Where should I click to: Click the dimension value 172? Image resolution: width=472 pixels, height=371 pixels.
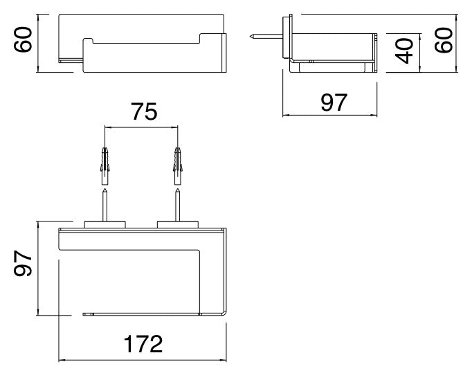click(x=143, y=343)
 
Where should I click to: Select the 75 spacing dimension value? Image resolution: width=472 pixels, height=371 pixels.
click(x=144, y=111)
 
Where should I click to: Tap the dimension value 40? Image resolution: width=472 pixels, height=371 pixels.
click(x=404, y=51)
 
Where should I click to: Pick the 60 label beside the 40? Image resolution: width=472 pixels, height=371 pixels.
click(x=444, y=40)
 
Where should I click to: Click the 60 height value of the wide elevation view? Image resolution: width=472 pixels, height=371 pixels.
click(x=23, y=39)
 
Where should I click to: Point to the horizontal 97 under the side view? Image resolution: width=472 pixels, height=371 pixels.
click(x=334, y=102)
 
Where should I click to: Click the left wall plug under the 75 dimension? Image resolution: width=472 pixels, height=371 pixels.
click(x=105, y=166)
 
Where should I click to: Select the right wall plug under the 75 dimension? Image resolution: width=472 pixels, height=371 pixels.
click(x=178, y=166)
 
